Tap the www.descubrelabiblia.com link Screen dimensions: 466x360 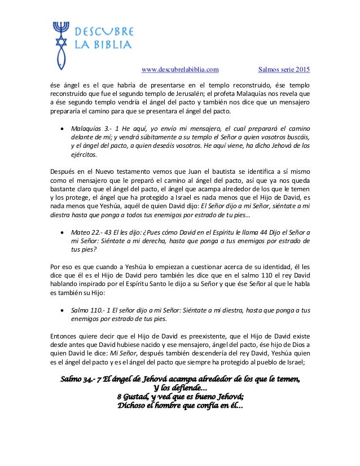point(179,71)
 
